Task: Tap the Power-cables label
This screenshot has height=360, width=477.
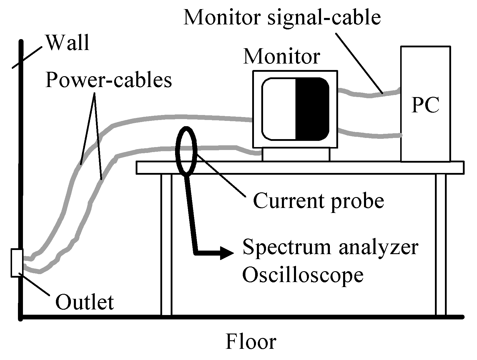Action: tap(109, 80)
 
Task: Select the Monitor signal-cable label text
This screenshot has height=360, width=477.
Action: tap(282, 18)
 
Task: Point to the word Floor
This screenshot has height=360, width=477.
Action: tap(251, 342)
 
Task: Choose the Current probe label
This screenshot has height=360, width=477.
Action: tap(318, 201)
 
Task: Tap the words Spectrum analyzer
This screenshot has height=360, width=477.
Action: tap(330, 247)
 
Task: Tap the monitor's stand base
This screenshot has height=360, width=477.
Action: tap(296, 154)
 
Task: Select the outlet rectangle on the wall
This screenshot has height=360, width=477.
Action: tap(17, 263)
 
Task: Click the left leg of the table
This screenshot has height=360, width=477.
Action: tap(166, 244)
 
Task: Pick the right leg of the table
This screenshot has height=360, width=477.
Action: tap(441, 244)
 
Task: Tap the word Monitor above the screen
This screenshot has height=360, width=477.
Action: tap(282, 56)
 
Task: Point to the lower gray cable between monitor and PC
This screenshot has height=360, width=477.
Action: tap(369, 134)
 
